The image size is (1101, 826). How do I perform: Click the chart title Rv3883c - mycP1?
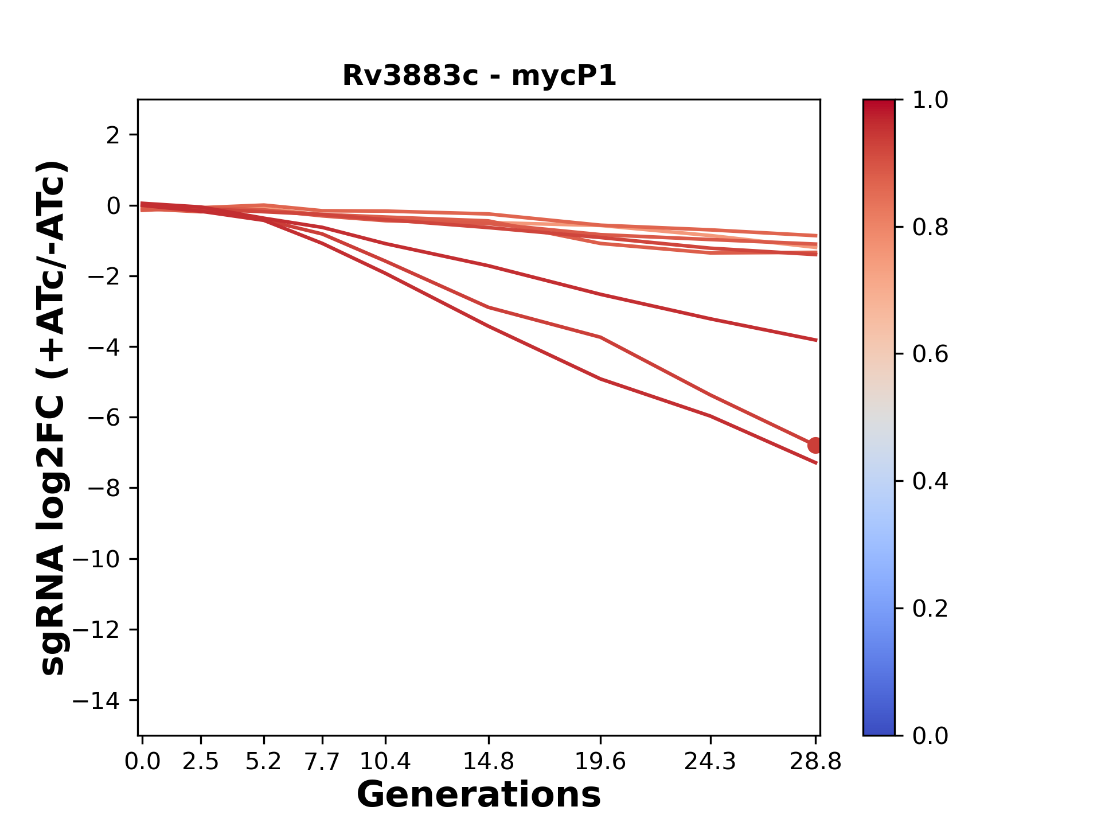[479, 76]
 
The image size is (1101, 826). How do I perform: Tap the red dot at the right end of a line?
[815, 445]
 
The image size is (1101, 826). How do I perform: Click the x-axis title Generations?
[479, 795]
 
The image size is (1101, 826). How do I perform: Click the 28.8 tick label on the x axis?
[815, 762]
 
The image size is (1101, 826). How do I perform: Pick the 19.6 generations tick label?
[600, 762]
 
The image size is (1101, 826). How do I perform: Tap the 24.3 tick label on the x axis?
[710, 762]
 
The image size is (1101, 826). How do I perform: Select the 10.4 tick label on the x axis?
[385, 762]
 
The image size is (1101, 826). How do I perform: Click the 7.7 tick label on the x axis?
[322, 762]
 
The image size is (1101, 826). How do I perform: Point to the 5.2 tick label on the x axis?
[263, 762]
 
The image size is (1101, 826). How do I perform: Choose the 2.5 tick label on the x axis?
[201, 762]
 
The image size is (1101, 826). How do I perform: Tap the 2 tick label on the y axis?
[113, 135]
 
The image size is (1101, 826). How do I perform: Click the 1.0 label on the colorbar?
[930, 100]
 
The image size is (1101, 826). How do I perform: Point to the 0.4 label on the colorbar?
[930, 481]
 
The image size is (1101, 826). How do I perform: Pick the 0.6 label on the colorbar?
[930, 354]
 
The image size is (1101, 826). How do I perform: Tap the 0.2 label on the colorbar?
[930, 609]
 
